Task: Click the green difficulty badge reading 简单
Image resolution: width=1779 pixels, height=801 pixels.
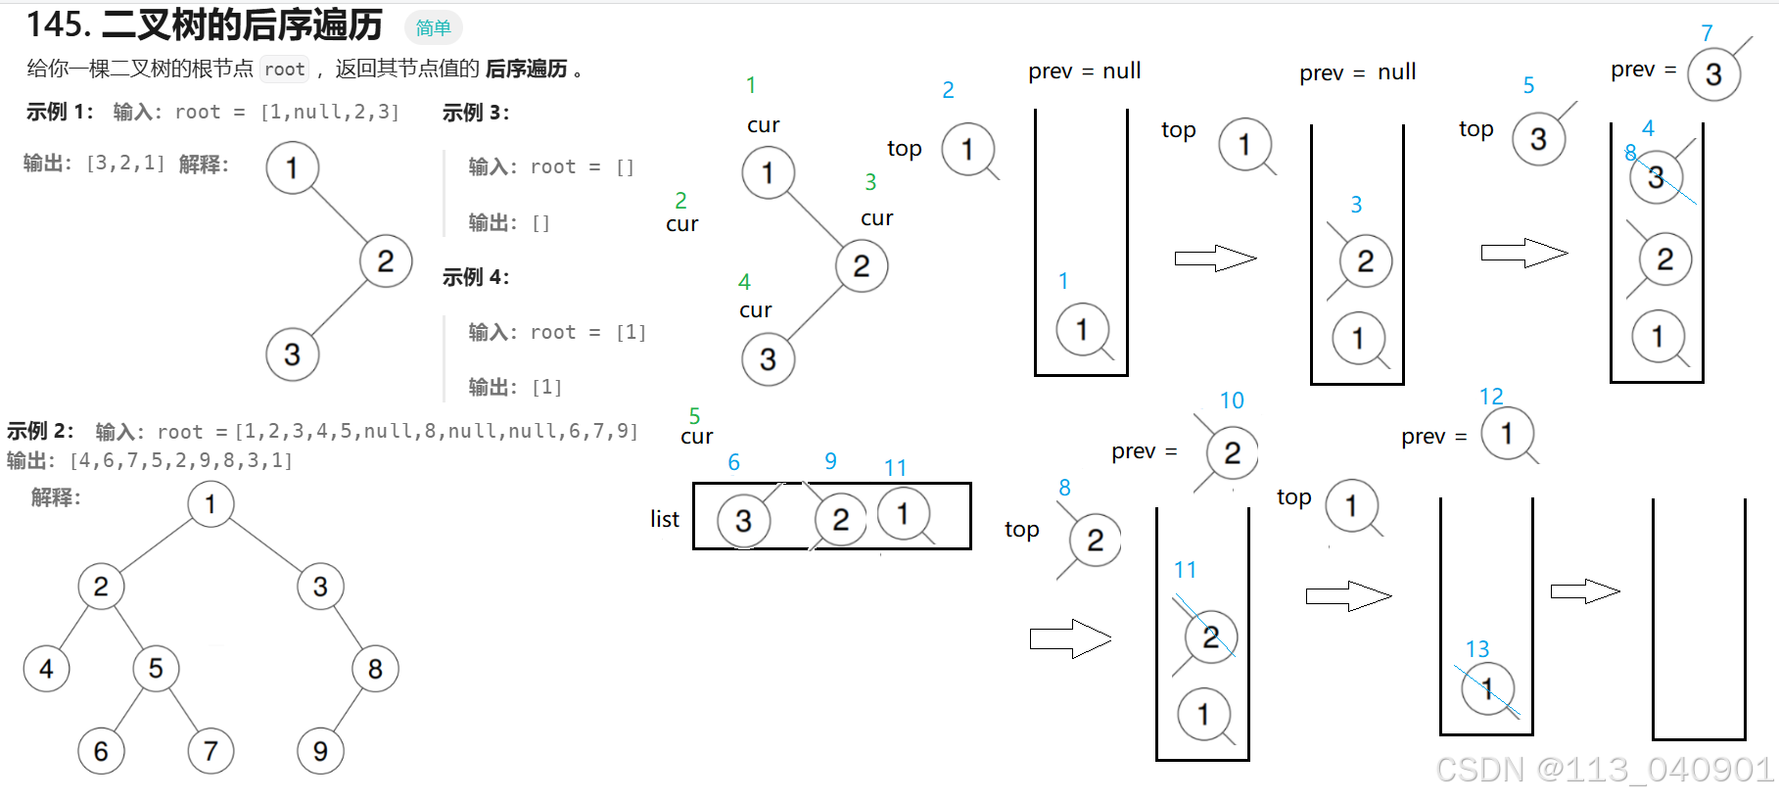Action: point(433,27)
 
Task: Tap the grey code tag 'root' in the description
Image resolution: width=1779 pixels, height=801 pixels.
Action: point(284,70)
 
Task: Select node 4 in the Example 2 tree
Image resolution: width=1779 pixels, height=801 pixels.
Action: point(46,669)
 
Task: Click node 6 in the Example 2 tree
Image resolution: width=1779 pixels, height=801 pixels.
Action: point(101,751)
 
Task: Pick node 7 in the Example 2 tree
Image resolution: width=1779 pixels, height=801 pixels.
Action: point(211,751)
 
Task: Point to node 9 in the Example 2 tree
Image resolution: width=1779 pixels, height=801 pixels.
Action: point(320,751)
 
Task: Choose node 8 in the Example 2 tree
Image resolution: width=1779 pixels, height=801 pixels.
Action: point(375,669)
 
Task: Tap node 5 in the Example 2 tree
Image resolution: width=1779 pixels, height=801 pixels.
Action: point(156,669)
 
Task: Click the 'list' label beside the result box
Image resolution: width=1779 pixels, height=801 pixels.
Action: point(664,519)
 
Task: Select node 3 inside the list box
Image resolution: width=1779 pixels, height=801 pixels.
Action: point(743,520)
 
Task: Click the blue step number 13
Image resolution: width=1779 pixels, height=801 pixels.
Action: point(1476,649)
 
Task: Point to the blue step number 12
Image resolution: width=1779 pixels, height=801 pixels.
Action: point(1490,397)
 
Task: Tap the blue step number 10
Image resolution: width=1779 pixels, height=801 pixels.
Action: point(1231,400)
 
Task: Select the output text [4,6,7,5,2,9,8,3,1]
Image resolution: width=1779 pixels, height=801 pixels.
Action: point(181,460)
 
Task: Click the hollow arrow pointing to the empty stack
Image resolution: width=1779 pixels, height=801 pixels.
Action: point(1585,591)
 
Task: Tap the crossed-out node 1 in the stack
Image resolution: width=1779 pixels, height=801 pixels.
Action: point(1487,689)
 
